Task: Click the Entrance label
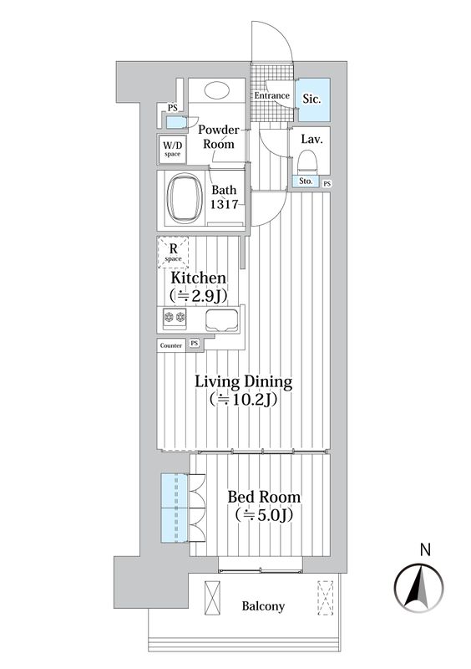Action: [x=271, y=96]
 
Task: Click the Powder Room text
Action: [x=218, y=136]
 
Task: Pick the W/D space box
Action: [x=173, y=149]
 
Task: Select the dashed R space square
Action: [x=174, y=250]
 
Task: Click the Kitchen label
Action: [x=198, y=278]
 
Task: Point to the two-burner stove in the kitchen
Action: [x=175, y=318]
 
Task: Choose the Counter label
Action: [x=170, y=344]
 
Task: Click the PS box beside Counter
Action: [x=194, y=343]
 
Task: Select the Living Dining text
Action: [x=243, y=382]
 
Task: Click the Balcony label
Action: [x=264, y=606]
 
